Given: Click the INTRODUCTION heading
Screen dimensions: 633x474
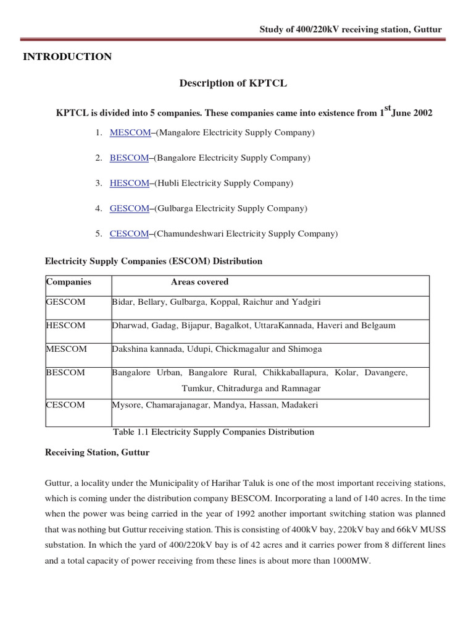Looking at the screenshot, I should click(x=67, y=57).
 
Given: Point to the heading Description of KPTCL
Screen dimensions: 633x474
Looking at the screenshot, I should click(x=233, y=83).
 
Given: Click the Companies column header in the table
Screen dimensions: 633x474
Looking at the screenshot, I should click(x=69, y=282).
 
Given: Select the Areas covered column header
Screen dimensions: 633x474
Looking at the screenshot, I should click(x=199, y=282).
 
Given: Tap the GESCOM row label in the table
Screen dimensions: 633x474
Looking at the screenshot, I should click(x=66, y=302).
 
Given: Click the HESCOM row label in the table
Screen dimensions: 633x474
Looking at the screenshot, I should click(x=66, y=325).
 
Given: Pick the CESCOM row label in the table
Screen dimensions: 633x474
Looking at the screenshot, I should click(x=66, y=405).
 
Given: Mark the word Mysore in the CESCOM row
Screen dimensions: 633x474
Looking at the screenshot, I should click(x=126, y=405).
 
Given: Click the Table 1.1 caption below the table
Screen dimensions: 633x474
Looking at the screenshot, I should click(x=214, y=432).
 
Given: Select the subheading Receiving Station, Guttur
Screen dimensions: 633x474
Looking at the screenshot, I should click(x=98, y=452).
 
